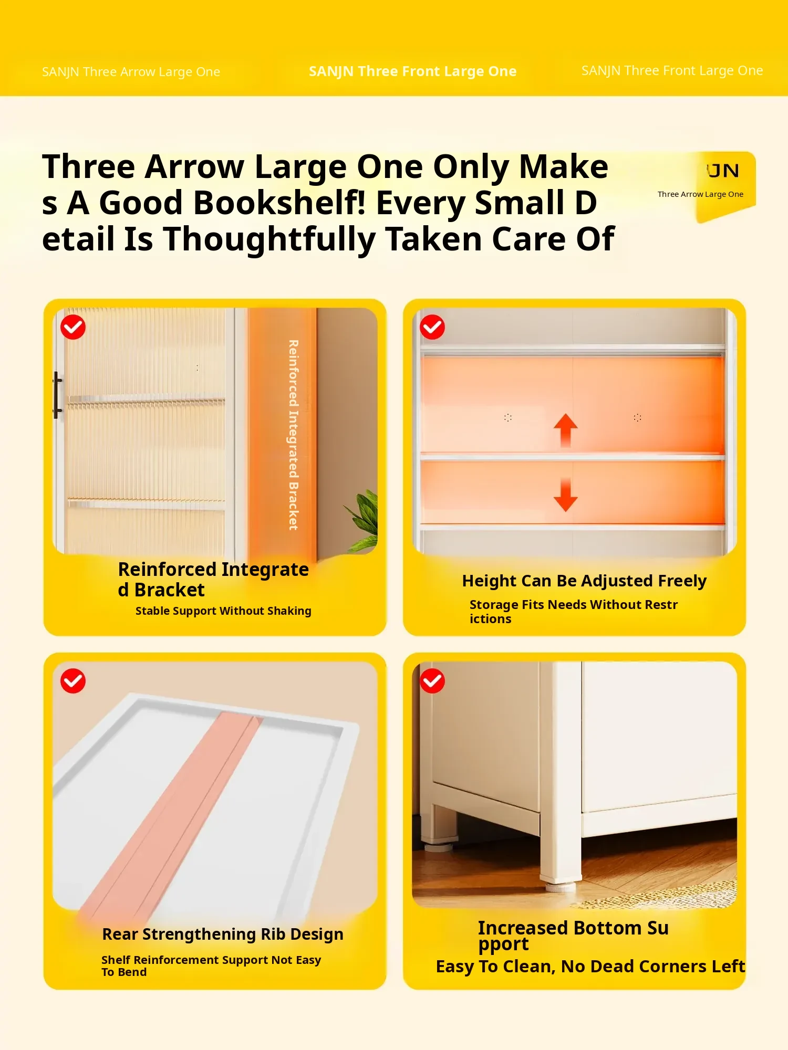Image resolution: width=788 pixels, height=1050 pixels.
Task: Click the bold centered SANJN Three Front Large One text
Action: [412, 71]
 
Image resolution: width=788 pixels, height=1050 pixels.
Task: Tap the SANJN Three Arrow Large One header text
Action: [131, 72]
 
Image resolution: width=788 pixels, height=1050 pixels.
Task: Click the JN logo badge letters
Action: [723, 171]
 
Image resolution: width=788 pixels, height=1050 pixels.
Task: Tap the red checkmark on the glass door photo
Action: [73, 328]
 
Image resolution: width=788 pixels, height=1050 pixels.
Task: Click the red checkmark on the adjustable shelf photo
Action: [432, 327]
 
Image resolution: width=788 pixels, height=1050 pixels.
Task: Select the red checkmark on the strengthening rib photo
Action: [73, 681]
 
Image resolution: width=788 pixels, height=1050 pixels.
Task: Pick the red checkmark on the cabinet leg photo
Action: [432, 681]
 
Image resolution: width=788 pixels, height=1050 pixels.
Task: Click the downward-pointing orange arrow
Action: [565, 495]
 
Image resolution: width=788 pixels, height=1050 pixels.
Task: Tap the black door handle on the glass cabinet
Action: [57, 395]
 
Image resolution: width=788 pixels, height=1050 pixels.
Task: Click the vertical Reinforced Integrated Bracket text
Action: [293, 435]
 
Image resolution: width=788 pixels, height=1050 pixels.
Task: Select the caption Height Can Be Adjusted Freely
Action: [584, 581]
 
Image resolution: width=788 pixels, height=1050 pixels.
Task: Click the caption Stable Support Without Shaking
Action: [223, 611]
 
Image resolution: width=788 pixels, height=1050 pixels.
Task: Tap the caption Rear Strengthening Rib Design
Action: [223, 934]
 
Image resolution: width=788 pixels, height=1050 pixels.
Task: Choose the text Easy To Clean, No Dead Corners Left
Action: [590, 967]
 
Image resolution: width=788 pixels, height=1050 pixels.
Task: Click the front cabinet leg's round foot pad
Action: [560, 888]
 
